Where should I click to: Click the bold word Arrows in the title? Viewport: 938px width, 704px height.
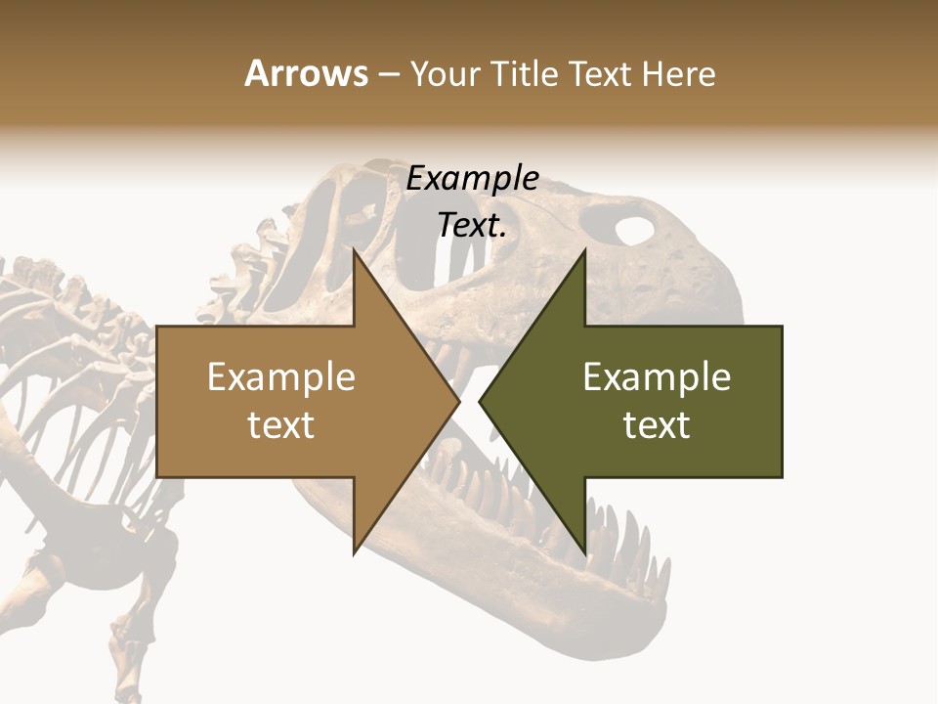point(306,74)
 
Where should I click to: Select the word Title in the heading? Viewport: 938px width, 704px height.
point(526,74)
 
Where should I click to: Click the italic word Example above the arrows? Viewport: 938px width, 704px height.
point(472,179)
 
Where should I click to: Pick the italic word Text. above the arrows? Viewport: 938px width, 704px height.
point(472,226)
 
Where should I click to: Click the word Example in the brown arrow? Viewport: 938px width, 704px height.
point(280,376)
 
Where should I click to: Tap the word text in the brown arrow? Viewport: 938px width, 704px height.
point(280,424)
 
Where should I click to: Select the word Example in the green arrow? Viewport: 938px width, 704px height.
point(657,376)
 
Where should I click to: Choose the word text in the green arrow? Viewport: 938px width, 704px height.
point(657,424)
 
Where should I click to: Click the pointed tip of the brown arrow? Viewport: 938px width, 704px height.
point(458,401)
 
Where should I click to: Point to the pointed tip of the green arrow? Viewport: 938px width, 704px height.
point(480,401)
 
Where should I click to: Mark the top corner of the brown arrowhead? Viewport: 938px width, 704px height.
point(355,251)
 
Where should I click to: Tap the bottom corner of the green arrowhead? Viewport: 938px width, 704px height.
point(585,551)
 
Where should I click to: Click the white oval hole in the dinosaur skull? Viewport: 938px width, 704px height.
point(634,231)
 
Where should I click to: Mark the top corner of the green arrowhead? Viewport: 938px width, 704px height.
point(585,251)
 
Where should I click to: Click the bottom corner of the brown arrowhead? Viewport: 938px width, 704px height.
point(355,551)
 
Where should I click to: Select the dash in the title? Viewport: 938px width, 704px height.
point(388,74)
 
